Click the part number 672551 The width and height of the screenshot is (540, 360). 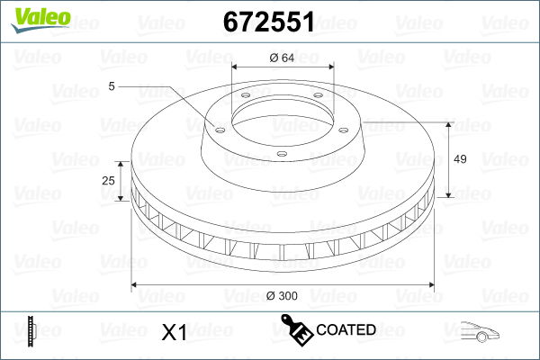(x=269, y=22)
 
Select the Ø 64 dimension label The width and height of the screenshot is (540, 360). (x=283, y=59)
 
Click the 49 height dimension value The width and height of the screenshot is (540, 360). (x=459, y=159)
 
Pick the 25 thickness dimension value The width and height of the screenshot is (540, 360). (x=109, y=181)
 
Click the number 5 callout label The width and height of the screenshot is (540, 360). (x=112, y=86)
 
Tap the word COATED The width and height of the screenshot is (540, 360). (x=346, y=330)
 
